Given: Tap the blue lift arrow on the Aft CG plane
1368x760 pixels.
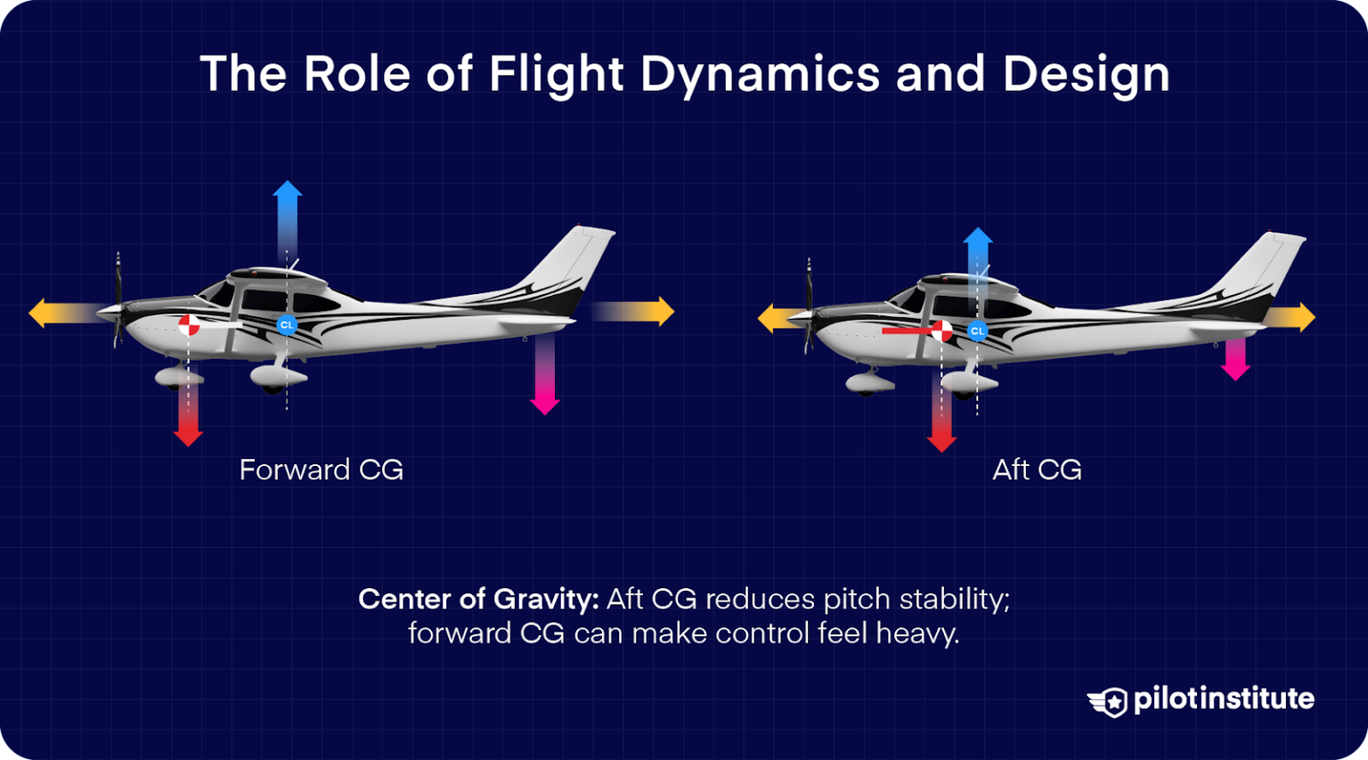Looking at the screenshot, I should pyautogui.click(x=977, y=254).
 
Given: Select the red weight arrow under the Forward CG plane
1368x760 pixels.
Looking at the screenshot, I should pyautogui.click(x=188, y=414).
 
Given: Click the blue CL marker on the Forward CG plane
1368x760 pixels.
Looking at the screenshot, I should pyautogui.click(x=286, y=325).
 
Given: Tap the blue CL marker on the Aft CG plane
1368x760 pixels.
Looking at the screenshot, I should pyautogui.click(x=977, y=331).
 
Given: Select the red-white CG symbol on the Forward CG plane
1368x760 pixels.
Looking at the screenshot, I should pyautogui.click(x=189, y=325).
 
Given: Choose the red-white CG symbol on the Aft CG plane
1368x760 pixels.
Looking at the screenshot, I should pyautogui.click(x=941, y=331).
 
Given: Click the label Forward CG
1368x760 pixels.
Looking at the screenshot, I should pyautogui.click(x=321, y=470).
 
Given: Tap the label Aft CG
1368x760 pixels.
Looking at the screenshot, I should pyautogui.click(x=1037, y=470).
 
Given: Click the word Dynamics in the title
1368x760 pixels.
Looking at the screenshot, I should pyautogui.click(x=760, y=74).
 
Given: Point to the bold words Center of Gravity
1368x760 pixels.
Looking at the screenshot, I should pyautogui.click(x=478, y=599).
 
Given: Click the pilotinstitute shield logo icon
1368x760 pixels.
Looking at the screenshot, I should pyautogui.click(x=1108, y=701).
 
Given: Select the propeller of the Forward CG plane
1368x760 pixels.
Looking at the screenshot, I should pyautogui.click(x=118, y=300).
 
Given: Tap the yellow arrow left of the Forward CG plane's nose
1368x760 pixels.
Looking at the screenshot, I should pyautogui.click(x=62, y=313).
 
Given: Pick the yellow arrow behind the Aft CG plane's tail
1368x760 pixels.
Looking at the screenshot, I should pyautogui.click(x=1290, y=317).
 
